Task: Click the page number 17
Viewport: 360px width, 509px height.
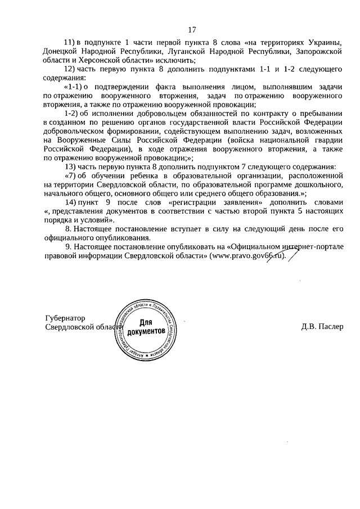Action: (191, 30)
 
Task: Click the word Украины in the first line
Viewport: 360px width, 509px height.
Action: (322, 43)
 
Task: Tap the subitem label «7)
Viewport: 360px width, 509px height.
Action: (71, 175)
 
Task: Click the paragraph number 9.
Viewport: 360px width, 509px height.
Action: (68, 247)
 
